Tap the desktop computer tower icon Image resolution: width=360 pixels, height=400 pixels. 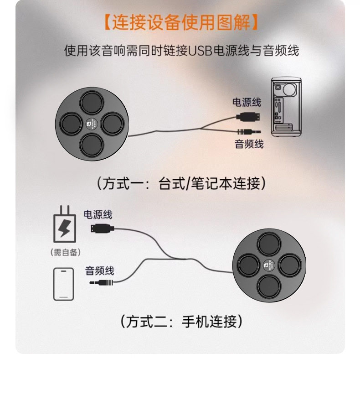(286, 107)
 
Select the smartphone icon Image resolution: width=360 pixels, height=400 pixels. (63, 284)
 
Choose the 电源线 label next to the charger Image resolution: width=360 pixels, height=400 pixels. (98, 214)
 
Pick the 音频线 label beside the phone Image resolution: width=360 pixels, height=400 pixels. (100, 270)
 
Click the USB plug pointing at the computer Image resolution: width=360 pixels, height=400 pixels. (248, 116)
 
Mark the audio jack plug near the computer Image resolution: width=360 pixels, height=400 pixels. (248, 130)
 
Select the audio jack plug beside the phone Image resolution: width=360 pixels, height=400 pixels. (101, 283)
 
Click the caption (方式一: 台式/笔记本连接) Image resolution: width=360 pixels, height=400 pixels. (180, 183)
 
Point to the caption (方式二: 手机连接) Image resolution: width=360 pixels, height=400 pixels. (180, 322)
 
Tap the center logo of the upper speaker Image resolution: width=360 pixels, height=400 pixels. (93, 123)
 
